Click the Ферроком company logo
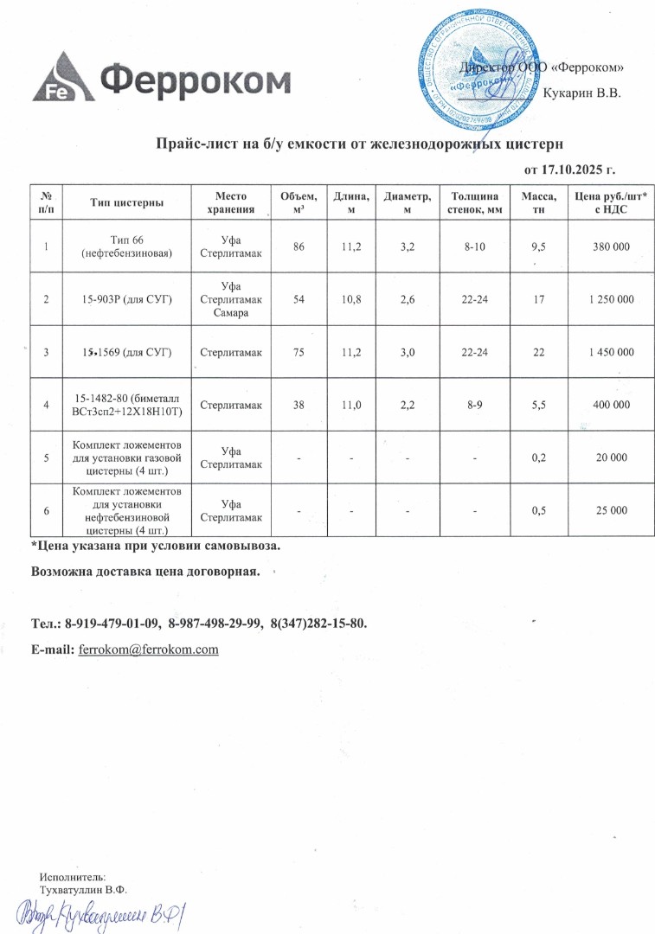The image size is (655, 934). (161, 80)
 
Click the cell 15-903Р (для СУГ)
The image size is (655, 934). (126, 299)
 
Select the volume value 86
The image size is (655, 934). (299, 247)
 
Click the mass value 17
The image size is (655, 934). (538, 299)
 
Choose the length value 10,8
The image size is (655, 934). (351, 299)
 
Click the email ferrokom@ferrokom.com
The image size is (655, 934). (148, 649)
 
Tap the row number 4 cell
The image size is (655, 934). (46, 404)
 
